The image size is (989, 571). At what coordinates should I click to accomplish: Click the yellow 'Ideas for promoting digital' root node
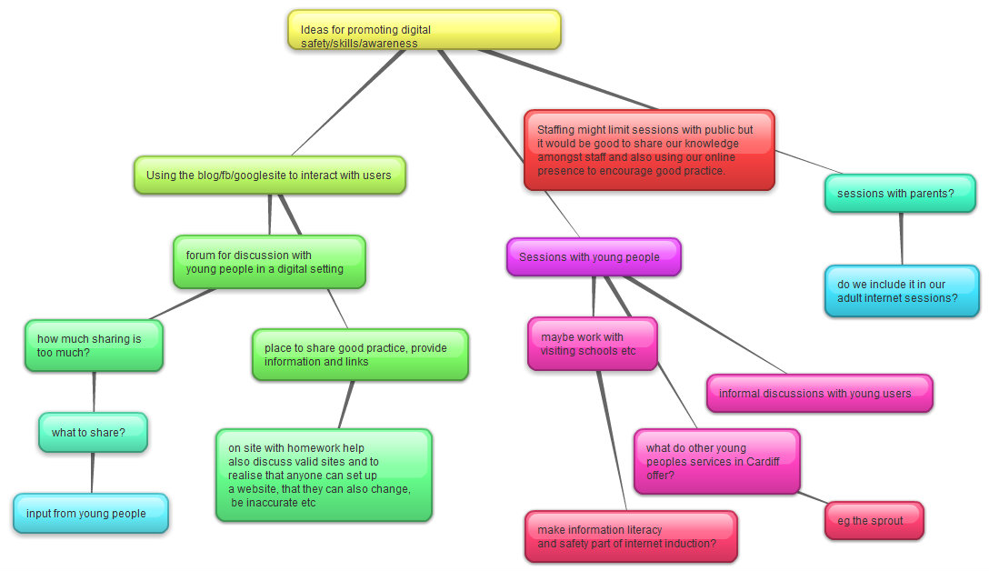pos(424,30)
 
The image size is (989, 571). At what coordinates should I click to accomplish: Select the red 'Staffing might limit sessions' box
pos(649,150)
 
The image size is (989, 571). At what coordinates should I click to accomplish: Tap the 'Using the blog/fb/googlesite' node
pos(269,175)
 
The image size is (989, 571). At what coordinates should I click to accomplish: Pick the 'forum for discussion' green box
pos(269,262)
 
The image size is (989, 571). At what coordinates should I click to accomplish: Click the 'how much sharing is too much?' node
pos(94,346)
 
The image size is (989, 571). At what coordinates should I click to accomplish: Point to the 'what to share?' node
pos(93,432)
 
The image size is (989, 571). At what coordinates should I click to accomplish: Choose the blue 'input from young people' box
pos(91,513)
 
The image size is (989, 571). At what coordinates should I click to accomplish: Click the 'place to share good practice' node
pos(360,355)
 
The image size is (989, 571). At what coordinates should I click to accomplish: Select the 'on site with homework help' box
pos(324,475)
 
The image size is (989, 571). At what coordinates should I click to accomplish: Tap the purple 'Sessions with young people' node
pos(594,256)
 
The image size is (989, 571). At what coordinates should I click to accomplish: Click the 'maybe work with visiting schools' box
pos(592,344)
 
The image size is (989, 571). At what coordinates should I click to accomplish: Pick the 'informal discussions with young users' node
pos(819,393)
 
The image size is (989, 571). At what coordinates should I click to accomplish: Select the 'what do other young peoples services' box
pos(716,461)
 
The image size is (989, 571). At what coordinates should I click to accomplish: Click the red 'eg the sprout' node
pos(874,520)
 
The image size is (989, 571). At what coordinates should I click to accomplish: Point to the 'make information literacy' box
pos(631,536)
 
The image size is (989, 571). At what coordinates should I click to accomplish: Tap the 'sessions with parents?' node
pos(900,193)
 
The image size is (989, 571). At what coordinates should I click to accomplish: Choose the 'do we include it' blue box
pos(902,291)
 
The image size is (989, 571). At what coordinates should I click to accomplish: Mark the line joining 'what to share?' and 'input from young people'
pos(92,473)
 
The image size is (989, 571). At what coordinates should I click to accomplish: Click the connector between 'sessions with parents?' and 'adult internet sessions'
pos(901,238)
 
